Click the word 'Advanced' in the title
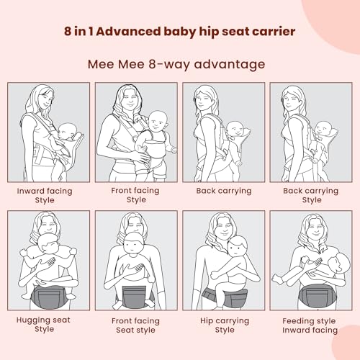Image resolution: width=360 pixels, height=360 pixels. (x=129, y=32)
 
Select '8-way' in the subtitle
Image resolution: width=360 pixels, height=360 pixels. (x=169, y=64)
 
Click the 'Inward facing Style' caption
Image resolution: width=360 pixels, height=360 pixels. (x=45, y=195)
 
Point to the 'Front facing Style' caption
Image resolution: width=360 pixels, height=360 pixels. (x=135, y=195)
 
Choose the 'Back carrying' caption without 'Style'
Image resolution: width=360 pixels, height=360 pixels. (x=224, y=191)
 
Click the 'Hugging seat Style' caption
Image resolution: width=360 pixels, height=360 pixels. (x=43, y=324)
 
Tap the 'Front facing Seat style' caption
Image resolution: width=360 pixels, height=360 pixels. (x=135, y=325)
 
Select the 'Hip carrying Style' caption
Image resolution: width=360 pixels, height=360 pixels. (x=225, y=325)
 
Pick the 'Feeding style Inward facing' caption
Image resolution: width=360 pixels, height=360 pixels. (x=310, y=325)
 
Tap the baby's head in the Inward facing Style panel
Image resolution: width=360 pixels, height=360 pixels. (x=68, y=131)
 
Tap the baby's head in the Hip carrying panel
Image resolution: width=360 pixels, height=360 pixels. (x=238, y=246)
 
